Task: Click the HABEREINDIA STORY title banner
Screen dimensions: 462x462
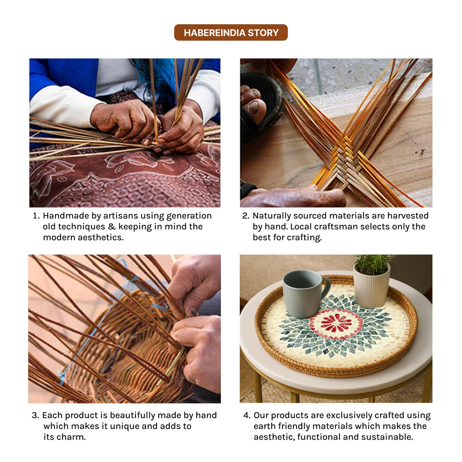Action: coord(231,32)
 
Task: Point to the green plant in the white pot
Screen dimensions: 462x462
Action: coord(372,264)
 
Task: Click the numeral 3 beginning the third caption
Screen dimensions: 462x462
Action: coord(34,415)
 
